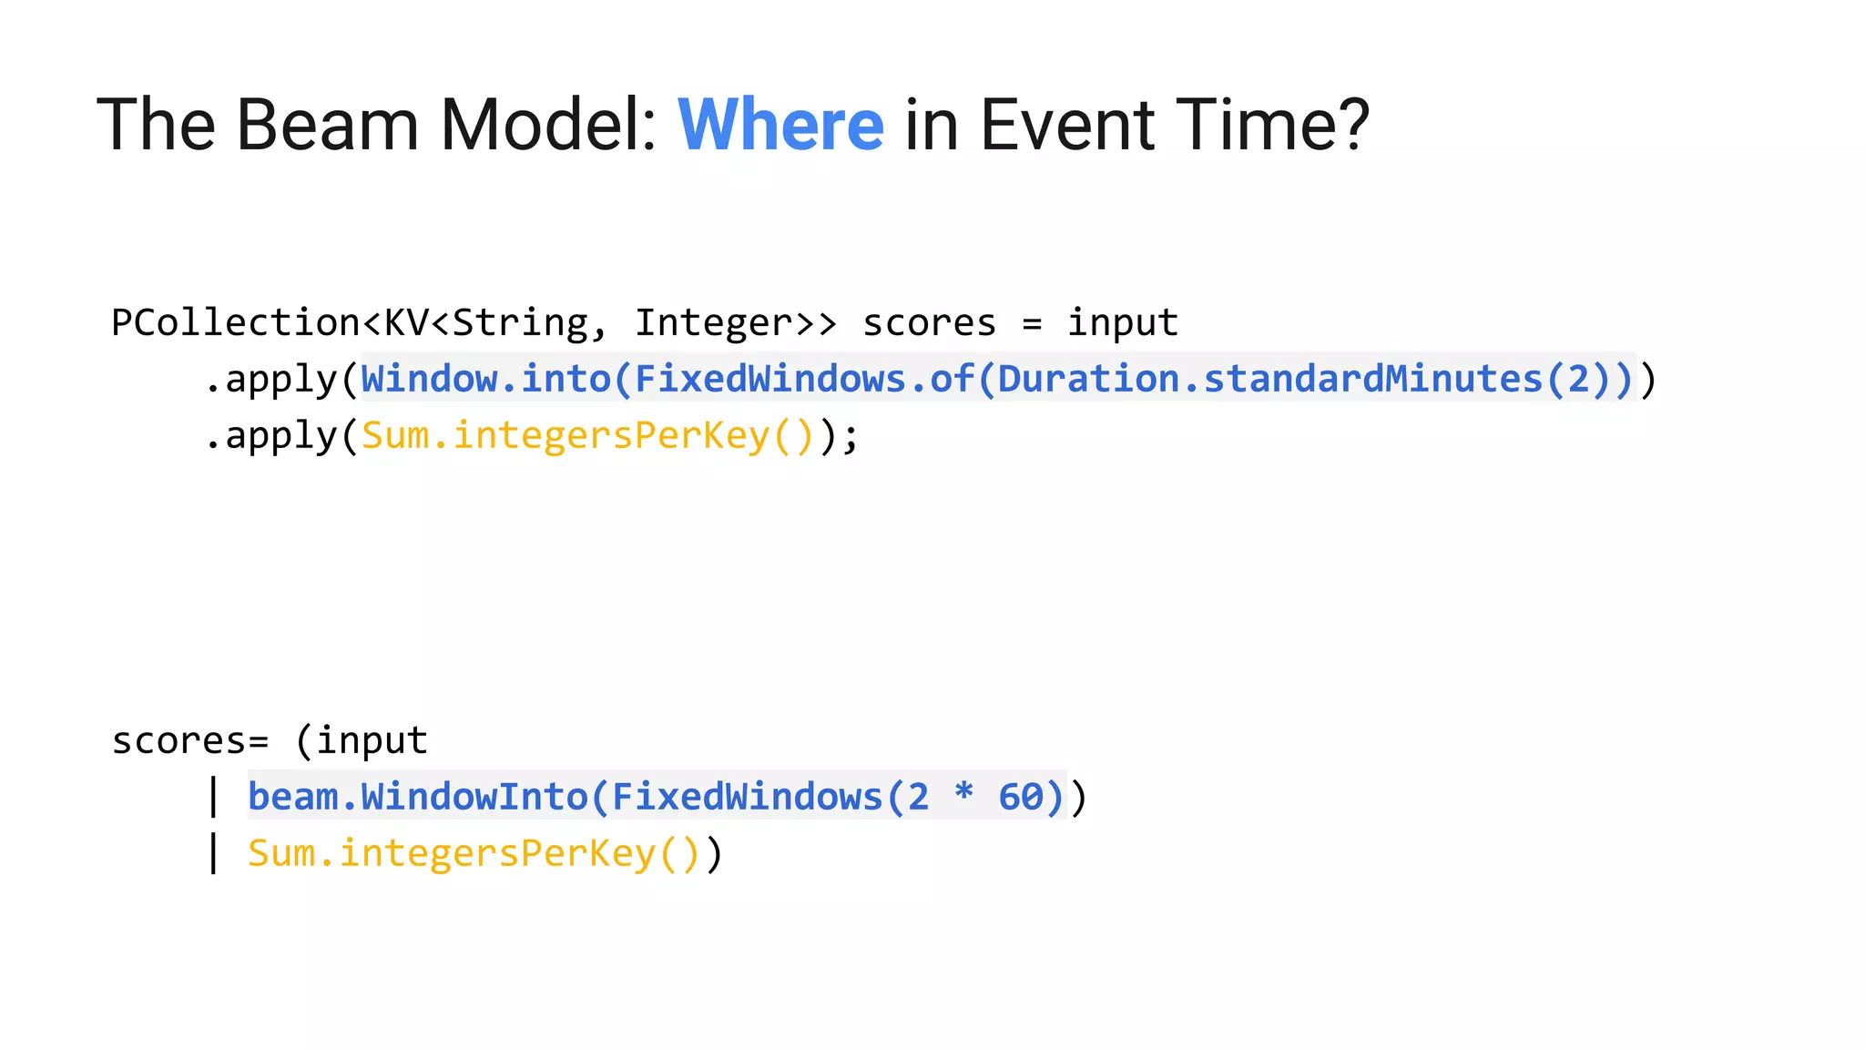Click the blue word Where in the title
[780, 125]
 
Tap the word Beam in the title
[327, 125]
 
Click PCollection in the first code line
[235, 323]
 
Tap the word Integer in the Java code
[713, 323]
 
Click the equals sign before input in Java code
[1031, 324]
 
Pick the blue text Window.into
[485, 379]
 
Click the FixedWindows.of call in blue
[803, 379]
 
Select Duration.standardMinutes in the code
[1270, 379]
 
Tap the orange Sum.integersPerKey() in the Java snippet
[587, 435]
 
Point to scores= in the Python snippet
[189, 741]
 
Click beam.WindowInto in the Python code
[417, 798]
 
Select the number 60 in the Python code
[1020, 798]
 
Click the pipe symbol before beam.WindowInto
[213, 798]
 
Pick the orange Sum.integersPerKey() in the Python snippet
[474, 854]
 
